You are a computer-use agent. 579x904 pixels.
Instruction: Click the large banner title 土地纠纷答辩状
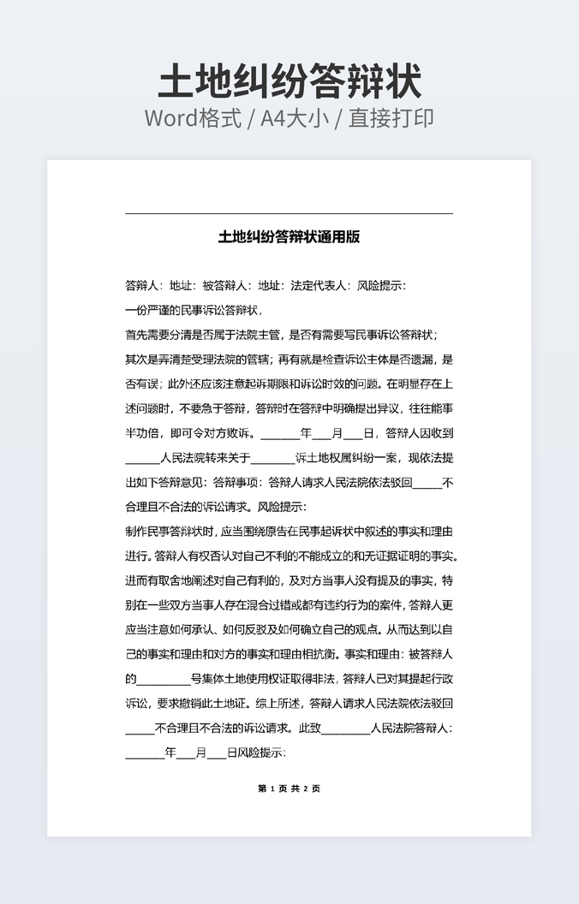point(289,83)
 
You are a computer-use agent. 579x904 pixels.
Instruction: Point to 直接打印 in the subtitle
point(391,118)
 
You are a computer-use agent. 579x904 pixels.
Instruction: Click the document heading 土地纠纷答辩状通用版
point(289,237)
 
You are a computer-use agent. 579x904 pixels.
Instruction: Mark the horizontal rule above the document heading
point(289,213)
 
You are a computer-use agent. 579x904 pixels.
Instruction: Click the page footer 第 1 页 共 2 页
point(289,788)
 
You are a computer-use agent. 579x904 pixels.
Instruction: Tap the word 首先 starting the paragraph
point(137,335)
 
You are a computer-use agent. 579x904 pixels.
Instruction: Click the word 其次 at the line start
point(137,360)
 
